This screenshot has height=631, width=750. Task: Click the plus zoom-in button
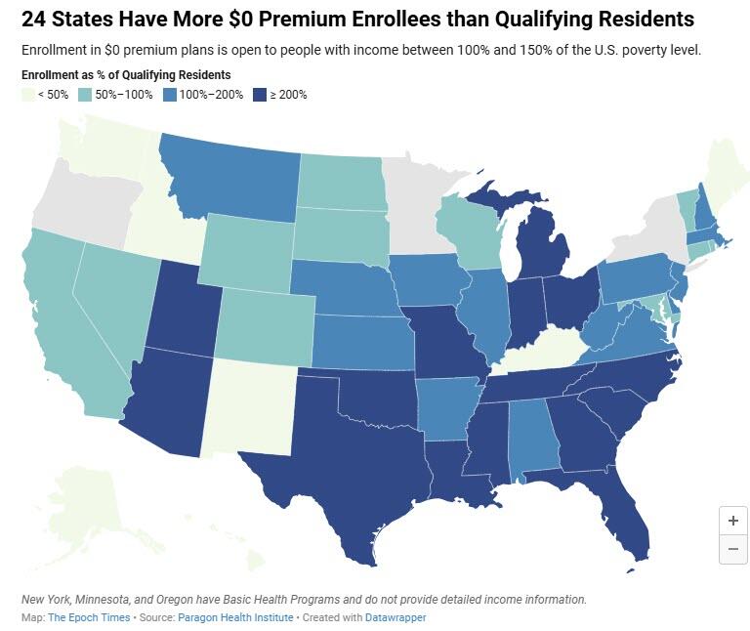coord(732,520)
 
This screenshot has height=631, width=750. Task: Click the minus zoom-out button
coord(732,550)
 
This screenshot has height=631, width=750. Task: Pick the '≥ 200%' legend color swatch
coord(261,95)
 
